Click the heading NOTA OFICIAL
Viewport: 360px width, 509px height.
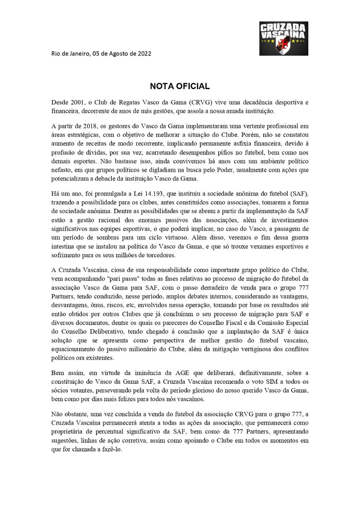click(x=180, y=86)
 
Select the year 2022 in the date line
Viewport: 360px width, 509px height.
click(x=142, y=54)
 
